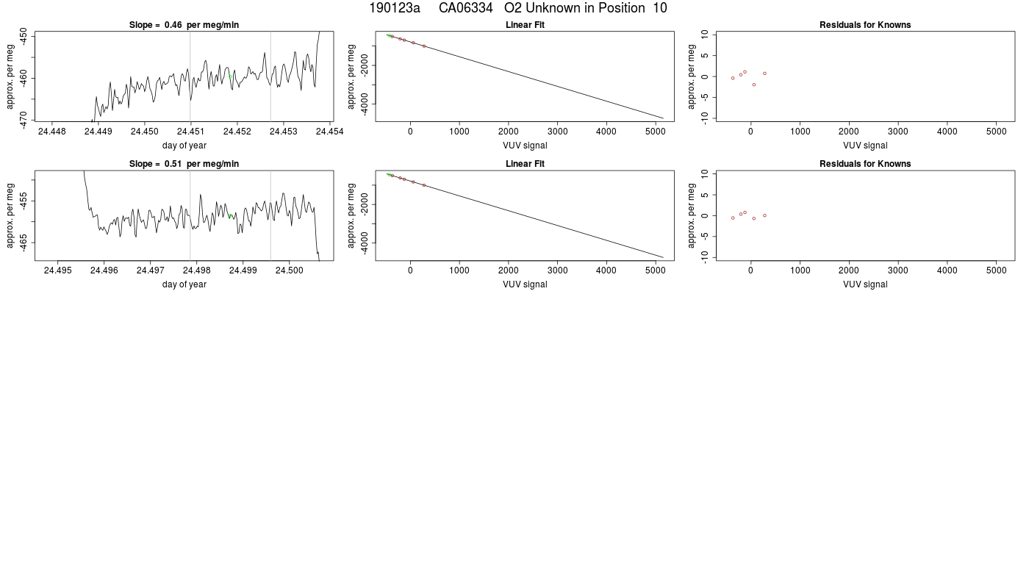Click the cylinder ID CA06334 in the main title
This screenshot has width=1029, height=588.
pos(465,8)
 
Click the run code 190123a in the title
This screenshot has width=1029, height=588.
pos(395,8)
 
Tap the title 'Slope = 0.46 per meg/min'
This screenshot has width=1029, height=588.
pos(184,25)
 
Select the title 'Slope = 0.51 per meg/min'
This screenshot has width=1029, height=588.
pos(184,163)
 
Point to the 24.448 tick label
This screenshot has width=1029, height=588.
pos(52,132)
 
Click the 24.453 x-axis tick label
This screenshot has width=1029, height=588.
pos(284,132)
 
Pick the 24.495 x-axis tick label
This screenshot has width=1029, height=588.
pos(58,270)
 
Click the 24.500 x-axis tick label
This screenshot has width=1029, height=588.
pos(289,270)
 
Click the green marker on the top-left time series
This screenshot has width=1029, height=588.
pos(230,76)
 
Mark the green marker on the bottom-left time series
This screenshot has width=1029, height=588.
pos(230,216)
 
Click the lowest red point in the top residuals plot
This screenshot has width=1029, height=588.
pos(754,85)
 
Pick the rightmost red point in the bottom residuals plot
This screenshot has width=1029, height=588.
pos(765,215)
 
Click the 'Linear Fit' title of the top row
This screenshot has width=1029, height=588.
pos(525,25)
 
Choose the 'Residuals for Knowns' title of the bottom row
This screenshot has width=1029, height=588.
pos(865,163)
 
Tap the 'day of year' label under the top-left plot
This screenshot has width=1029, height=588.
pos(184,146)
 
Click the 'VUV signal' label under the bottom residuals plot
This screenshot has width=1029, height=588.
pos(865,284)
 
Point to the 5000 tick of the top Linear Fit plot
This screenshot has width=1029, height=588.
pos(655,132)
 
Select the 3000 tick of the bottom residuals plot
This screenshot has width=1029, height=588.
pos(897,270)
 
